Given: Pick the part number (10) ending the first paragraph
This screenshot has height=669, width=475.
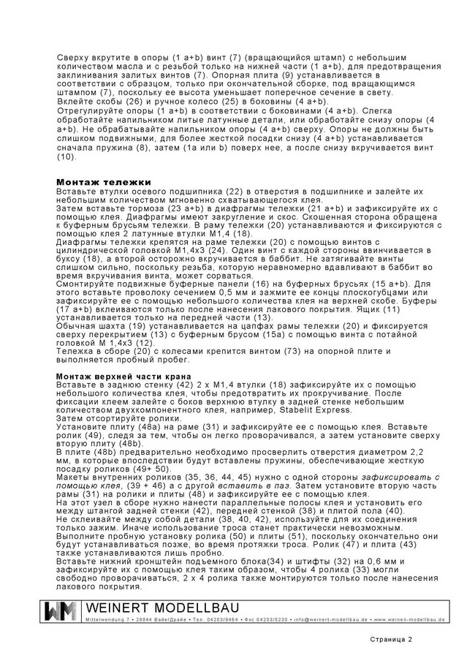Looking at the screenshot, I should [x=66, y=156].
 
